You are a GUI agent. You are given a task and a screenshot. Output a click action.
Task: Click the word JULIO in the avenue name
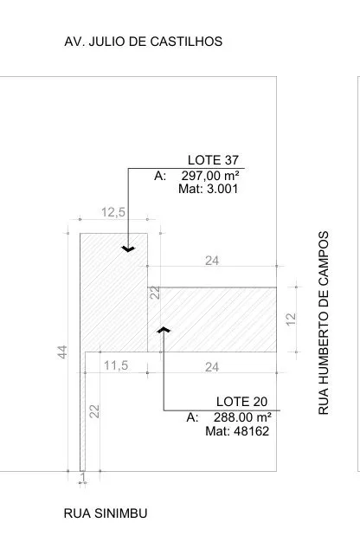coord(107,42)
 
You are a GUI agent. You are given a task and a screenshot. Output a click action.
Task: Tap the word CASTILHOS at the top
coord(186,42)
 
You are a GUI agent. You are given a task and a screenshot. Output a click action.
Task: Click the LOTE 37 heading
coord(213,160)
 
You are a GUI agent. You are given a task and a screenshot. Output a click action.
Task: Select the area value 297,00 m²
coord(210,176)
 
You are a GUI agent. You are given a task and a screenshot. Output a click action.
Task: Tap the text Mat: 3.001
coord(209,189)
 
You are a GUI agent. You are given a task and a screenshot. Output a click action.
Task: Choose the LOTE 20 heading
coord(241,402)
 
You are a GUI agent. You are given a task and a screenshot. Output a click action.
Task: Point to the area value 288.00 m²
coord(242,417)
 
